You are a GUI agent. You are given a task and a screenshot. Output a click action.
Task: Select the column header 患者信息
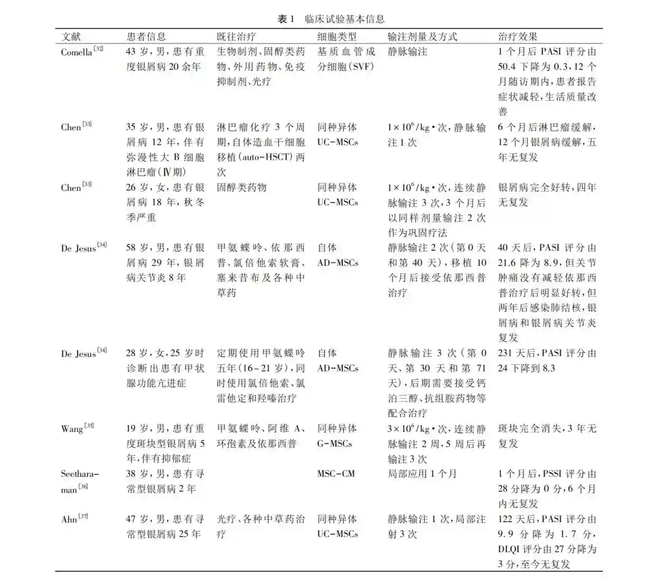click(146, 36)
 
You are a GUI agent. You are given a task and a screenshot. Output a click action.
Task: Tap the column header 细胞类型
click(337, 36)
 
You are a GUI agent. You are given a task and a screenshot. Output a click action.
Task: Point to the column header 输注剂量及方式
click(423, 36)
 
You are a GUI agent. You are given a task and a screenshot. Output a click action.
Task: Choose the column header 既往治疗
click(237, 36)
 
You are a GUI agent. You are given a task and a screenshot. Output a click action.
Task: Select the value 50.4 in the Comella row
click(508, 66)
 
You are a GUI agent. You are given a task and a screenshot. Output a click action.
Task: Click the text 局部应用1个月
click(422, 474)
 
